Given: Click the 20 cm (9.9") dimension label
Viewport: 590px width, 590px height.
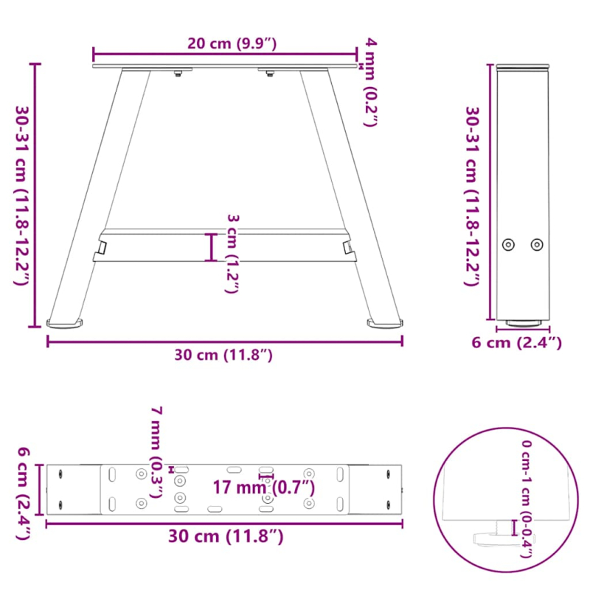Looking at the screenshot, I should pyautogui.click(x=232, y=44).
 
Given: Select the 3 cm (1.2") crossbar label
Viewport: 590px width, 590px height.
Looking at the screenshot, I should pyautogui.click(x=232, y=254).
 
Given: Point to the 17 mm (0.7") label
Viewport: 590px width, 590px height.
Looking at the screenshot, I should pyautogui.click(x=263, y=487).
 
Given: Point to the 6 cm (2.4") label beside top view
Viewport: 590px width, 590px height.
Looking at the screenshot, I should pyautogui.click(x=21, y=492).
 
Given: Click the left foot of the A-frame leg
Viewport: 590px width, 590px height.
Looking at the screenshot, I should pyautogui.click(x=66, y=322).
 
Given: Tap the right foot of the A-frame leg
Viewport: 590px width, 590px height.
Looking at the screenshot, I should pyautogui.click(x=386, y=322).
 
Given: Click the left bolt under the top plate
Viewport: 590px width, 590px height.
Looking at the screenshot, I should pyautogui.click(x=178, y=74).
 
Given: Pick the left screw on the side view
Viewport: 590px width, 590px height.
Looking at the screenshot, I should pyautogui.click(x=508, y=244).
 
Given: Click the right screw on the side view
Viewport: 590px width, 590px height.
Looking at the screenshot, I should pyautogui.click(x=537, y=244).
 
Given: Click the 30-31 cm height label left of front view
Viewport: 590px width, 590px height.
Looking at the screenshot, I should pyautogui.click(x=21, y=195).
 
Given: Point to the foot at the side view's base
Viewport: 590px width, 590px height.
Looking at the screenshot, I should pyautogui.click(x=523, y=323).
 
